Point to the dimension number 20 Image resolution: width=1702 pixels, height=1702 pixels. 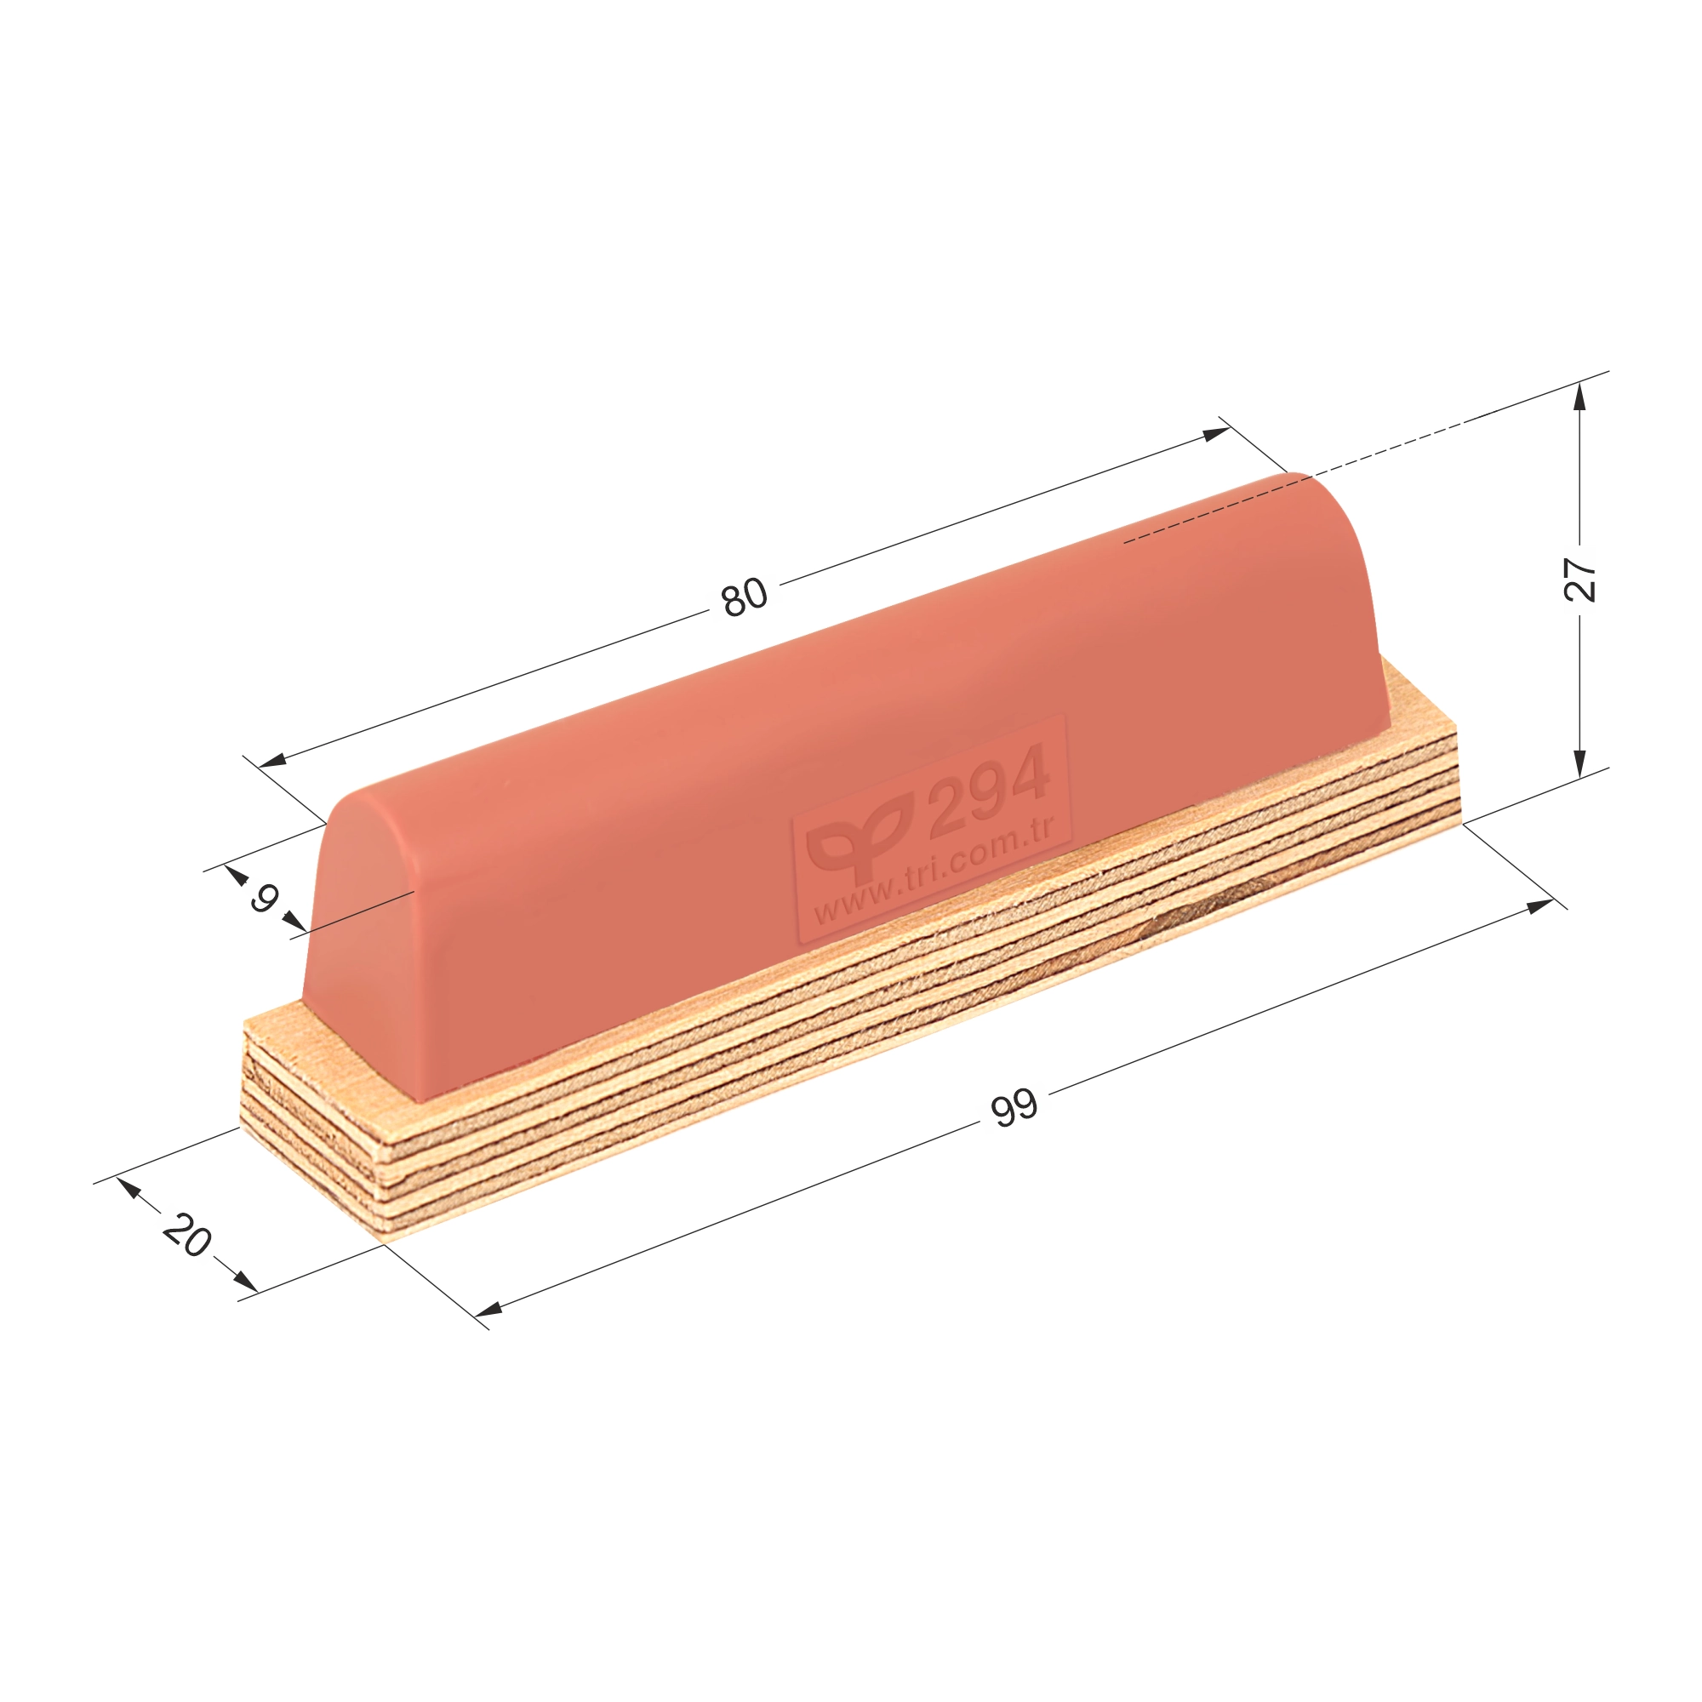[186, 1234]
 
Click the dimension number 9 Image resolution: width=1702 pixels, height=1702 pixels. [264, 899]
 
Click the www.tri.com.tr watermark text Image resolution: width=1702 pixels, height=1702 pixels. [934, 871]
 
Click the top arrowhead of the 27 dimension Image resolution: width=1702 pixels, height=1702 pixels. [1579, 398]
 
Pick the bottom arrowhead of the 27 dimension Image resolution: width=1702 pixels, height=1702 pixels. [1579, 762]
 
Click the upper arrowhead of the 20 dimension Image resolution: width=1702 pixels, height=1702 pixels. [129, 1188]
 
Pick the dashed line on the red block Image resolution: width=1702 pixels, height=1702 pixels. [1216, 511]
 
